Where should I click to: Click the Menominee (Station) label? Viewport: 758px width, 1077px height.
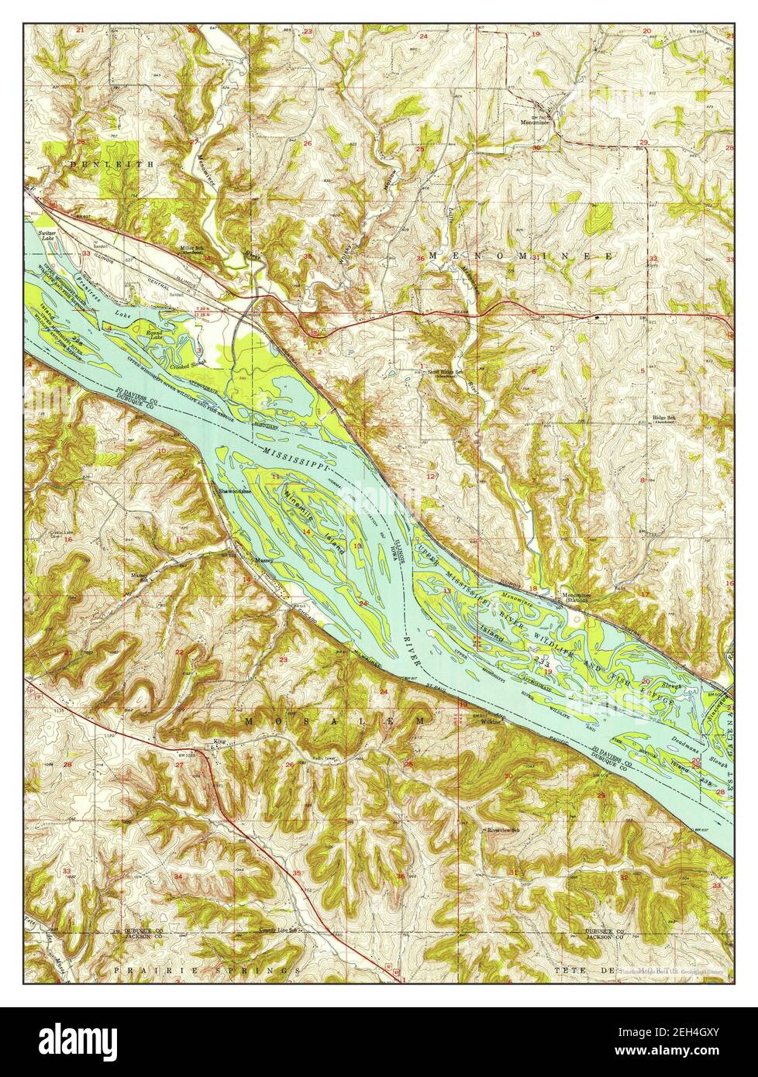(x=577, y=597)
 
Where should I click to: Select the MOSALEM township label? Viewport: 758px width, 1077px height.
(x=335, y=721)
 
